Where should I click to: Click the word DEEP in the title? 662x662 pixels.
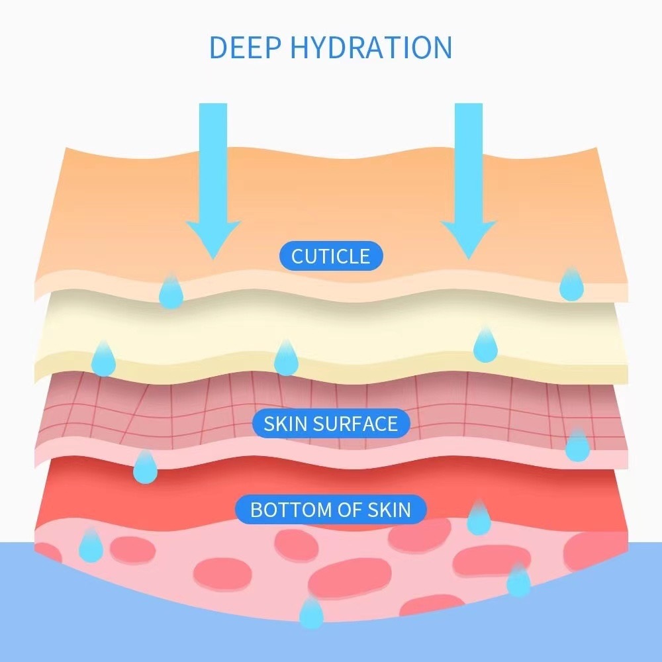pyautogui.click(x=247, y=48)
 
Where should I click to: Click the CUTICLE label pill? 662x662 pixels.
pyautogui.click(x=331, y=256)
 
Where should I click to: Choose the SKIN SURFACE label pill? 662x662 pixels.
pyautogui.click(x=331, y=424)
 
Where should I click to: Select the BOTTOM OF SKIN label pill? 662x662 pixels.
pyautogui.click(x=331, y=510)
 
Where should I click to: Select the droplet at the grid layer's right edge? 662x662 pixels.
pyautogui.click(x=577, y=446)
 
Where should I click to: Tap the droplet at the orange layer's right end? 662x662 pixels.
pyautogui.click(x=571, y=285)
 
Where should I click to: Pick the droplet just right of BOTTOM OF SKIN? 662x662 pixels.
pyautogui.click(x=479, y=519)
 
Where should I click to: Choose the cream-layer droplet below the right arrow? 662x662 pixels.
pyautogui.click(x=485, y=346)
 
